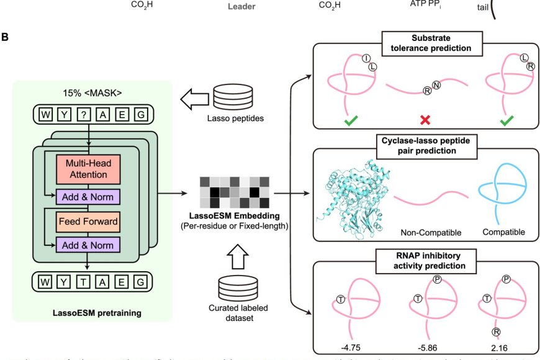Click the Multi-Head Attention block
[x=88, y=168]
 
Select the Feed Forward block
[x=88, y=220]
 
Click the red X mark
[x=426, y=119]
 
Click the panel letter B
[x=6, y=38]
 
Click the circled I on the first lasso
[x=366, y=59]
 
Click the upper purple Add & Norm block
[x=88, y=197]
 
